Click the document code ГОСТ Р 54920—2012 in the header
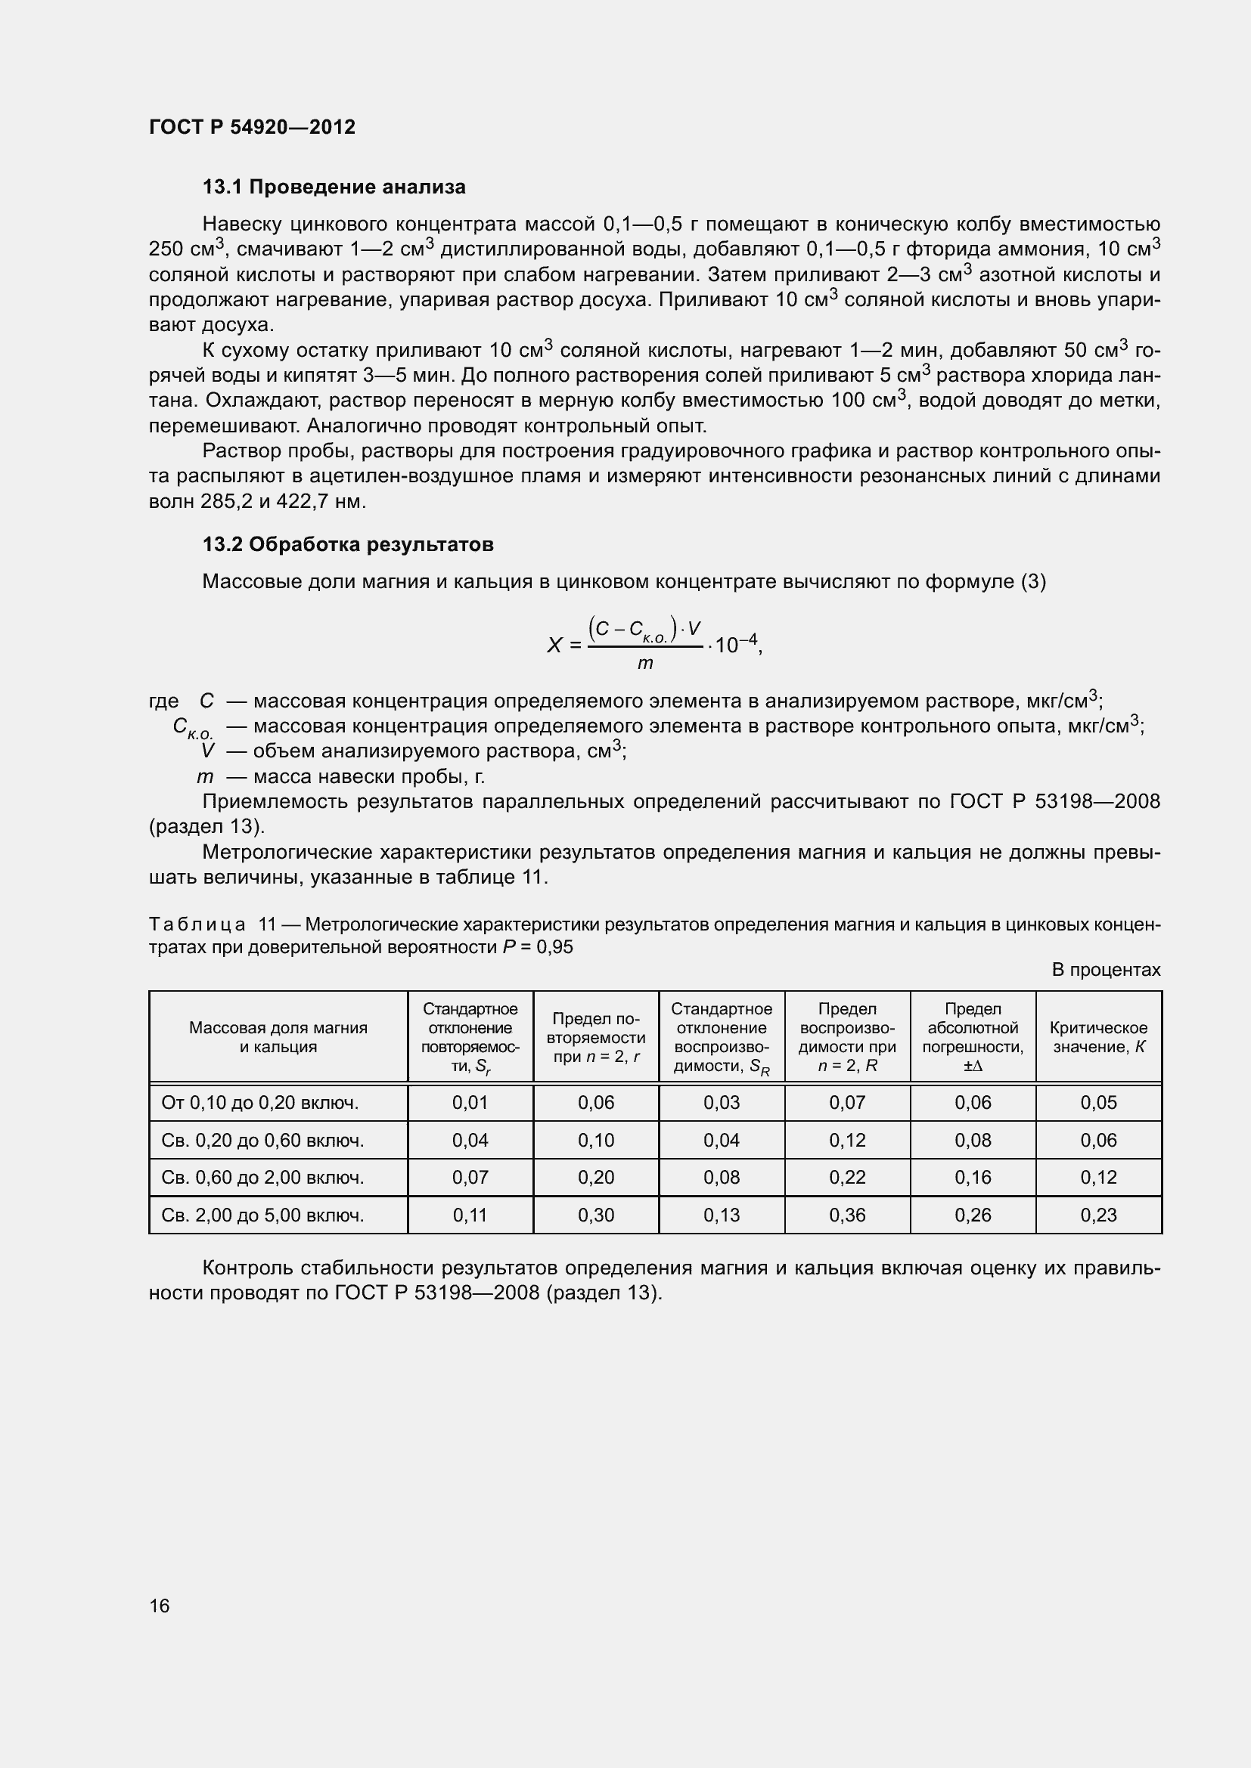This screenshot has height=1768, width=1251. [x=252, y=127]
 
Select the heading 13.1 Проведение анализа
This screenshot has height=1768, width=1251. [x=334, y=187]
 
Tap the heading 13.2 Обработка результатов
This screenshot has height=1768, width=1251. [x=347, y=544]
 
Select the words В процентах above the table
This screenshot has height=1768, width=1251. [x=1106, y=971]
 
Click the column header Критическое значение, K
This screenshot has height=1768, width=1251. [x=1098, y=1037]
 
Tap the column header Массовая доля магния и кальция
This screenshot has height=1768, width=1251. [x=278, y=1037]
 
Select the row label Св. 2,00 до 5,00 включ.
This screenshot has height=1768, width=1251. [x=262, y=1216]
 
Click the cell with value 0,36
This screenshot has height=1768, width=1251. [x=846, y=1216]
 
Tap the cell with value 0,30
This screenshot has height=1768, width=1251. [x=595, y=1216]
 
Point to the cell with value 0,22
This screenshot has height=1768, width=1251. [x=846, y=1178]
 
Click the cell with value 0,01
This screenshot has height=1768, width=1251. [x=470, y=1104]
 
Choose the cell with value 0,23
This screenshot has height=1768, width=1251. [x=1098, y=1216]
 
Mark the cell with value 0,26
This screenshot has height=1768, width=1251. [x=973, y=1216]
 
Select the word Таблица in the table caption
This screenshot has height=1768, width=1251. [x=197, y=924]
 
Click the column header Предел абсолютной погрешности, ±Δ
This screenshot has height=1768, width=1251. [x=973, y=1037]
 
